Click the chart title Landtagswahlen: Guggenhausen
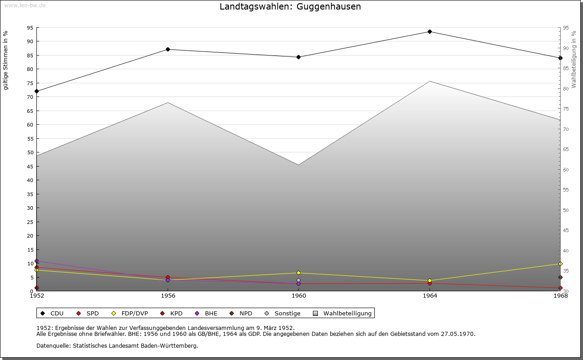click(290, 7)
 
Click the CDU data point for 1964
click(430, 32)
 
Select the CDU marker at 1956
click(168, 49)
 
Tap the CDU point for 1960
click(298, 57)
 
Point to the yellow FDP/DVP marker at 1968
click(560, 264)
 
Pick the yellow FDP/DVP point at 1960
click(298, 273)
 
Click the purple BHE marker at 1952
click(36, 261)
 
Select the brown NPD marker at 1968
click(560, 278)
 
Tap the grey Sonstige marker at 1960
click(298, 280)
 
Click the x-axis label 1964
click(430, 296)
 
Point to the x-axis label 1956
click(168, 296)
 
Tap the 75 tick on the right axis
click(565, 109)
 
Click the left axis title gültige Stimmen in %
click(6, 61)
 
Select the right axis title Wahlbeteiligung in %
click(574, 60)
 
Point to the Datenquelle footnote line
click(117, 345)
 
